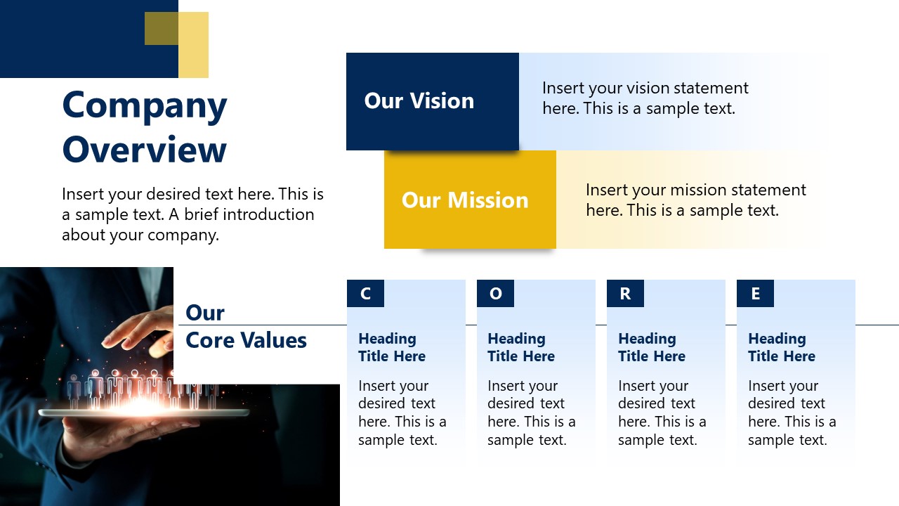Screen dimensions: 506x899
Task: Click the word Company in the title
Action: click(145, 106)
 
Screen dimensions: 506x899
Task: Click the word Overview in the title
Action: click(145, 150)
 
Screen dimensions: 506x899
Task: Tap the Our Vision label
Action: click(419, 101)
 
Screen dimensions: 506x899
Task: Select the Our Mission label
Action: click(464, 200)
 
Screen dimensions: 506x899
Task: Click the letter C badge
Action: click(365, 294)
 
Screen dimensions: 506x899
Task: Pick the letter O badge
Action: click(495, 294)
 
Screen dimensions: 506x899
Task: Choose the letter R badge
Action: click(625, 294)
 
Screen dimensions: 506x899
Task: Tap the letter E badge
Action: click(755, 294)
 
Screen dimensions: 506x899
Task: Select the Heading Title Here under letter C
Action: click(391, 347)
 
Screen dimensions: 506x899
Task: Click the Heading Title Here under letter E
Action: click(781, 347)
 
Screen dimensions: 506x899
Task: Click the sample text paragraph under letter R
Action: click(662, 413)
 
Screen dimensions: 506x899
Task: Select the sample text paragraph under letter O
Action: click(531, 413)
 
